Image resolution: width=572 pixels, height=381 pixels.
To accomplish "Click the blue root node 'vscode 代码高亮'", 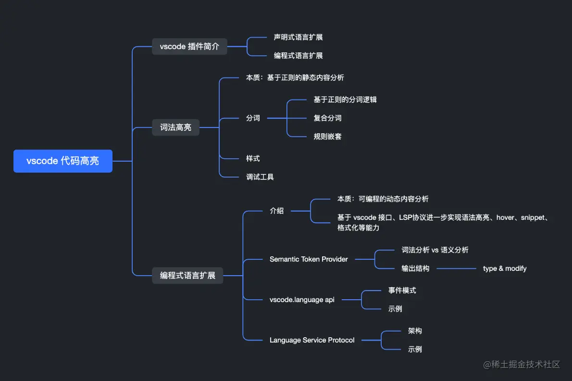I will [x=63, y=161].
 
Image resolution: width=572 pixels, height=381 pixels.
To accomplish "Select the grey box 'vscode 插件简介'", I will [x=189, y=47].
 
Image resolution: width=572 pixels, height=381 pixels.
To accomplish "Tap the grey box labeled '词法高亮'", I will [x=175, y=127].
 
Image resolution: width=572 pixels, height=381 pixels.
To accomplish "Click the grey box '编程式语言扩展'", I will [x=187, y=276].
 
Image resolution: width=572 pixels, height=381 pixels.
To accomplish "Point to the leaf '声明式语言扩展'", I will [x=298, y=37].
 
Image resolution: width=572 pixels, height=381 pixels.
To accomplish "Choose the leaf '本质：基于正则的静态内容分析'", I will [x=295, y=77].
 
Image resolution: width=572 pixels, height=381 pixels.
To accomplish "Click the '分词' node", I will [x=253, y=118].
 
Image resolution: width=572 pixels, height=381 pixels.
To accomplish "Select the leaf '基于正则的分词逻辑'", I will [x=345, y=100].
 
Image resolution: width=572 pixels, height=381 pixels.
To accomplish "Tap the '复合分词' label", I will [x=327, y=118].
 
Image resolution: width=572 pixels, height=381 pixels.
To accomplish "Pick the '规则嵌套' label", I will [x=327, y=137].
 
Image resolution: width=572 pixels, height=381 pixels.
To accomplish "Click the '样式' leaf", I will [x=253, y=158].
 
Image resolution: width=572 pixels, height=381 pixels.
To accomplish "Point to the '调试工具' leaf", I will [x=260, y=177].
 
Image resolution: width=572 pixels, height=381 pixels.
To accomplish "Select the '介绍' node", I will [x=276, y=211].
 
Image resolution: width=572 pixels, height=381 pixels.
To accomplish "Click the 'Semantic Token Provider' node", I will [x=309, y=259].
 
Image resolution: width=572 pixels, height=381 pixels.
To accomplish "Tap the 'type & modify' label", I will [x=505, y=268].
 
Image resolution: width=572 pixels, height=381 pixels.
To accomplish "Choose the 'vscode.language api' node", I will [x=302, y=300].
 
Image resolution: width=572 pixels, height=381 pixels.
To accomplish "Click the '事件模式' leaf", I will [x=402, y=291].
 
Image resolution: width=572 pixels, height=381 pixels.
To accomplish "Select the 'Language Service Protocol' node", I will [x=312, y=340].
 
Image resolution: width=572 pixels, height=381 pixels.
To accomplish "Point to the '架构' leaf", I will [x=415, y=331].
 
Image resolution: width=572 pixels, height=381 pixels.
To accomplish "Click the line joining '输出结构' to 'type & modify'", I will [x=456, y=268].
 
